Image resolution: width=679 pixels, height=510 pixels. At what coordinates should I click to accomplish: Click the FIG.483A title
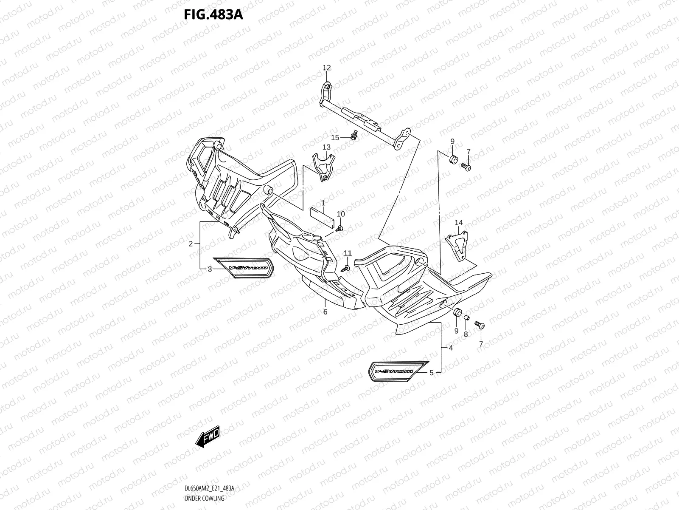(x=213, y=15)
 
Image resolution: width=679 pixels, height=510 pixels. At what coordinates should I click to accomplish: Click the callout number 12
(x=326, y=68)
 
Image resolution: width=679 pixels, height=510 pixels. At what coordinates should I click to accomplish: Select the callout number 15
(x=335, y=137)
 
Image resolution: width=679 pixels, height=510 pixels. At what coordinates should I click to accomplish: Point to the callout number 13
(x=326, y=147)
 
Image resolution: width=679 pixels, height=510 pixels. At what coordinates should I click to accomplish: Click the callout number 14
(x=459, y=222)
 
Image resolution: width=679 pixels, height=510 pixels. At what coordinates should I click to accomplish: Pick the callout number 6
(x=325, y=312)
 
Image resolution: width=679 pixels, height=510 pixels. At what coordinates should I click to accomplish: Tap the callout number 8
(x=466, y=334)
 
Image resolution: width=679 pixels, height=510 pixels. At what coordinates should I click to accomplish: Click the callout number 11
(x=348, y=253)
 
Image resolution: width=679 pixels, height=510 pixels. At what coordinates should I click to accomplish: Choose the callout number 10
(x=341, y=214)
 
